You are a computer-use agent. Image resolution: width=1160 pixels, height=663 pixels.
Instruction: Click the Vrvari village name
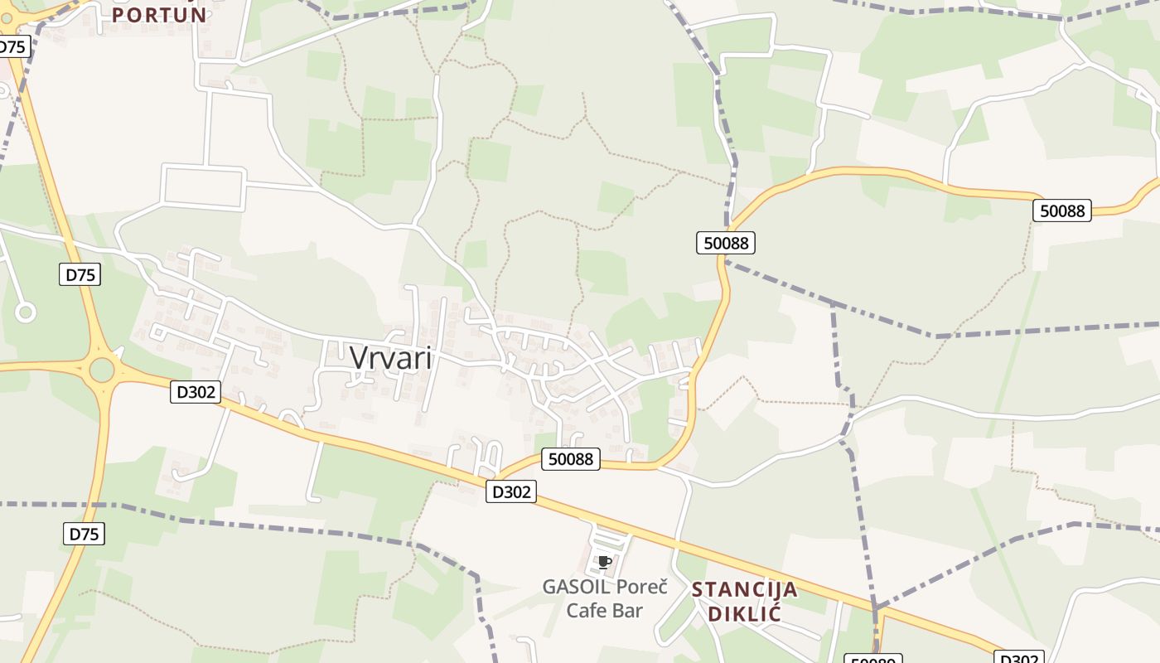point(390,358)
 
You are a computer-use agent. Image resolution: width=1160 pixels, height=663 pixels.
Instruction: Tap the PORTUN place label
point(158,15)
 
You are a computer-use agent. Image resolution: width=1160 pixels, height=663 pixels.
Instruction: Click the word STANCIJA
point(744,590)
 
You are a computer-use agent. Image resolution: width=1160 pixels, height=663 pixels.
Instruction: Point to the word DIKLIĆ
point(744,614)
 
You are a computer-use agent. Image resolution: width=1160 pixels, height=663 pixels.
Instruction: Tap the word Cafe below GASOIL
point(590,611)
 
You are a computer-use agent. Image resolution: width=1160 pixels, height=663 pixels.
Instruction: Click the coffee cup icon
point(604,563)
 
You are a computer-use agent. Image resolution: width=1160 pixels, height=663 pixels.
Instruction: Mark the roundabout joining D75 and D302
point(101,370)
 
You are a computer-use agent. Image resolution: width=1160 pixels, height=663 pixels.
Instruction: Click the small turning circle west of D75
point(26,312)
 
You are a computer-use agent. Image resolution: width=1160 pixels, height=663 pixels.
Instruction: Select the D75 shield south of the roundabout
point(84,534)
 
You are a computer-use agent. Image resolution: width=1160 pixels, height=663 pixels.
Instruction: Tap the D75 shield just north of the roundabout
point(80,274)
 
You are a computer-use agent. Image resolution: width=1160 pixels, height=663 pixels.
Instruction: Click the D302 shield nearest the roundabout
point(196,392)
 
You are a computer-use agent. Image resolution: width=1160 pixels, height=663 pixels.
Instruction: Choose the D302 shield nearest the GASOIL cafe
point(511,491)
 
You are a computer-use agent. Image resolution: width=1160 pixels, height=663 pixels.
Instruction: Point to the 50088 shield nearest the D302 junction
point(571,458)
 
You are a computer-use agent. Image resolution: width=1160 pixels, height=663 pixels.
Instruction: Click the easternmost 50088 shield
point(1062,211)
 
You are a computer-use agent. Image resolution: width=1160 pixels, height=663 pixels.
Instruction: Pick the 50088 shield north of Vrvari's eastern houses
point(726,243)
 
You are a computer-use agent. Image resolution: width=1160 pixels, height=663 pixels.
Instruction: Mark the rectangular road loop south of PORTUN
point(204,186)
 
